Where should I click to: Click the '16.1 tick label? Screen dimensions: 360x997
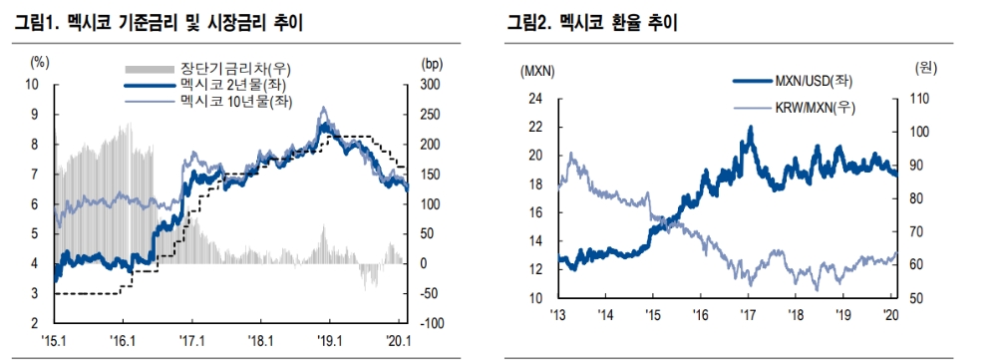123,339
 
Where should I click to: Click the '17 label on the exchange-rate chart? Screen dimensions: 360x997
748,314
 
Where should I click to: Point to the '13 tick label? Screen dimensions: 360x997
558,314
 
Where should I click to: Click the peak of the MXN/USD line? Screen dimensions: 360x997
750,128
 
